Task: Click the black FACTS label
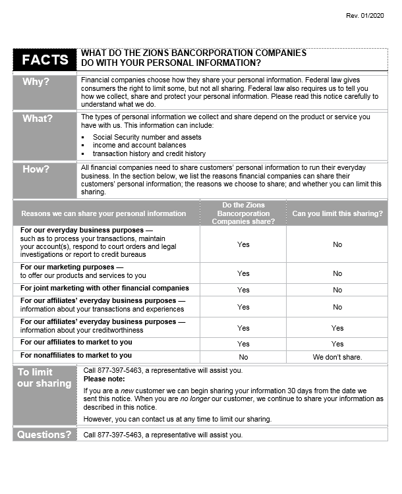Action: (45, 60)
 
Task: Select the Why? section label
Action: (36, 82)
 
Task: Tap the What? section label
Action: (38, 119)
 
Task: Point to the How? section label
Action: (36, 169)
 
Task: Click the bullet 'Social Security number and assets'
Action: (147, 137)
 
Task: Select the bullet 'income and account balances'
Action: (139, 145)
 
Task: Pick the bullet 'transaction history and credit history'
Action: (149, 153)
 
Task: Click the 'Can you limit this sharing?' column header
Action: (337, 213)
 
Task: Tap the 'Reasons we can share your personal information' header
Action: (103, 213)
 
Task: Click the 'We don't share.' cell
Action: (337, 357)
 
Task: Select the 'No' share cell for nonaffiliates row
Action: (243, 357)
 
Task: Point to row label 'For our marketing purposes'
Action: (72, 267)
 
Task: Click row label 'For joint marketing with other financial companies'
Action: (104, 288)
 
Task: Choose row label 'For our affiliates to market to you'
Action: (76, 342)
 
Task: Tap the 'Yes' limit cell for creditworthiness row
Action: (337, 328)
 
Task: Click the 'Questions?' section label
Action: (44, 435)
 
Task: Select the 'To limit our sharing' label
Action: (44, 378)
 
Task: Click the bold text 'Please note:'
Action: (104, 379)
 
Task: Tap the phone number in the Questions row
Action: (113, 435)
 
